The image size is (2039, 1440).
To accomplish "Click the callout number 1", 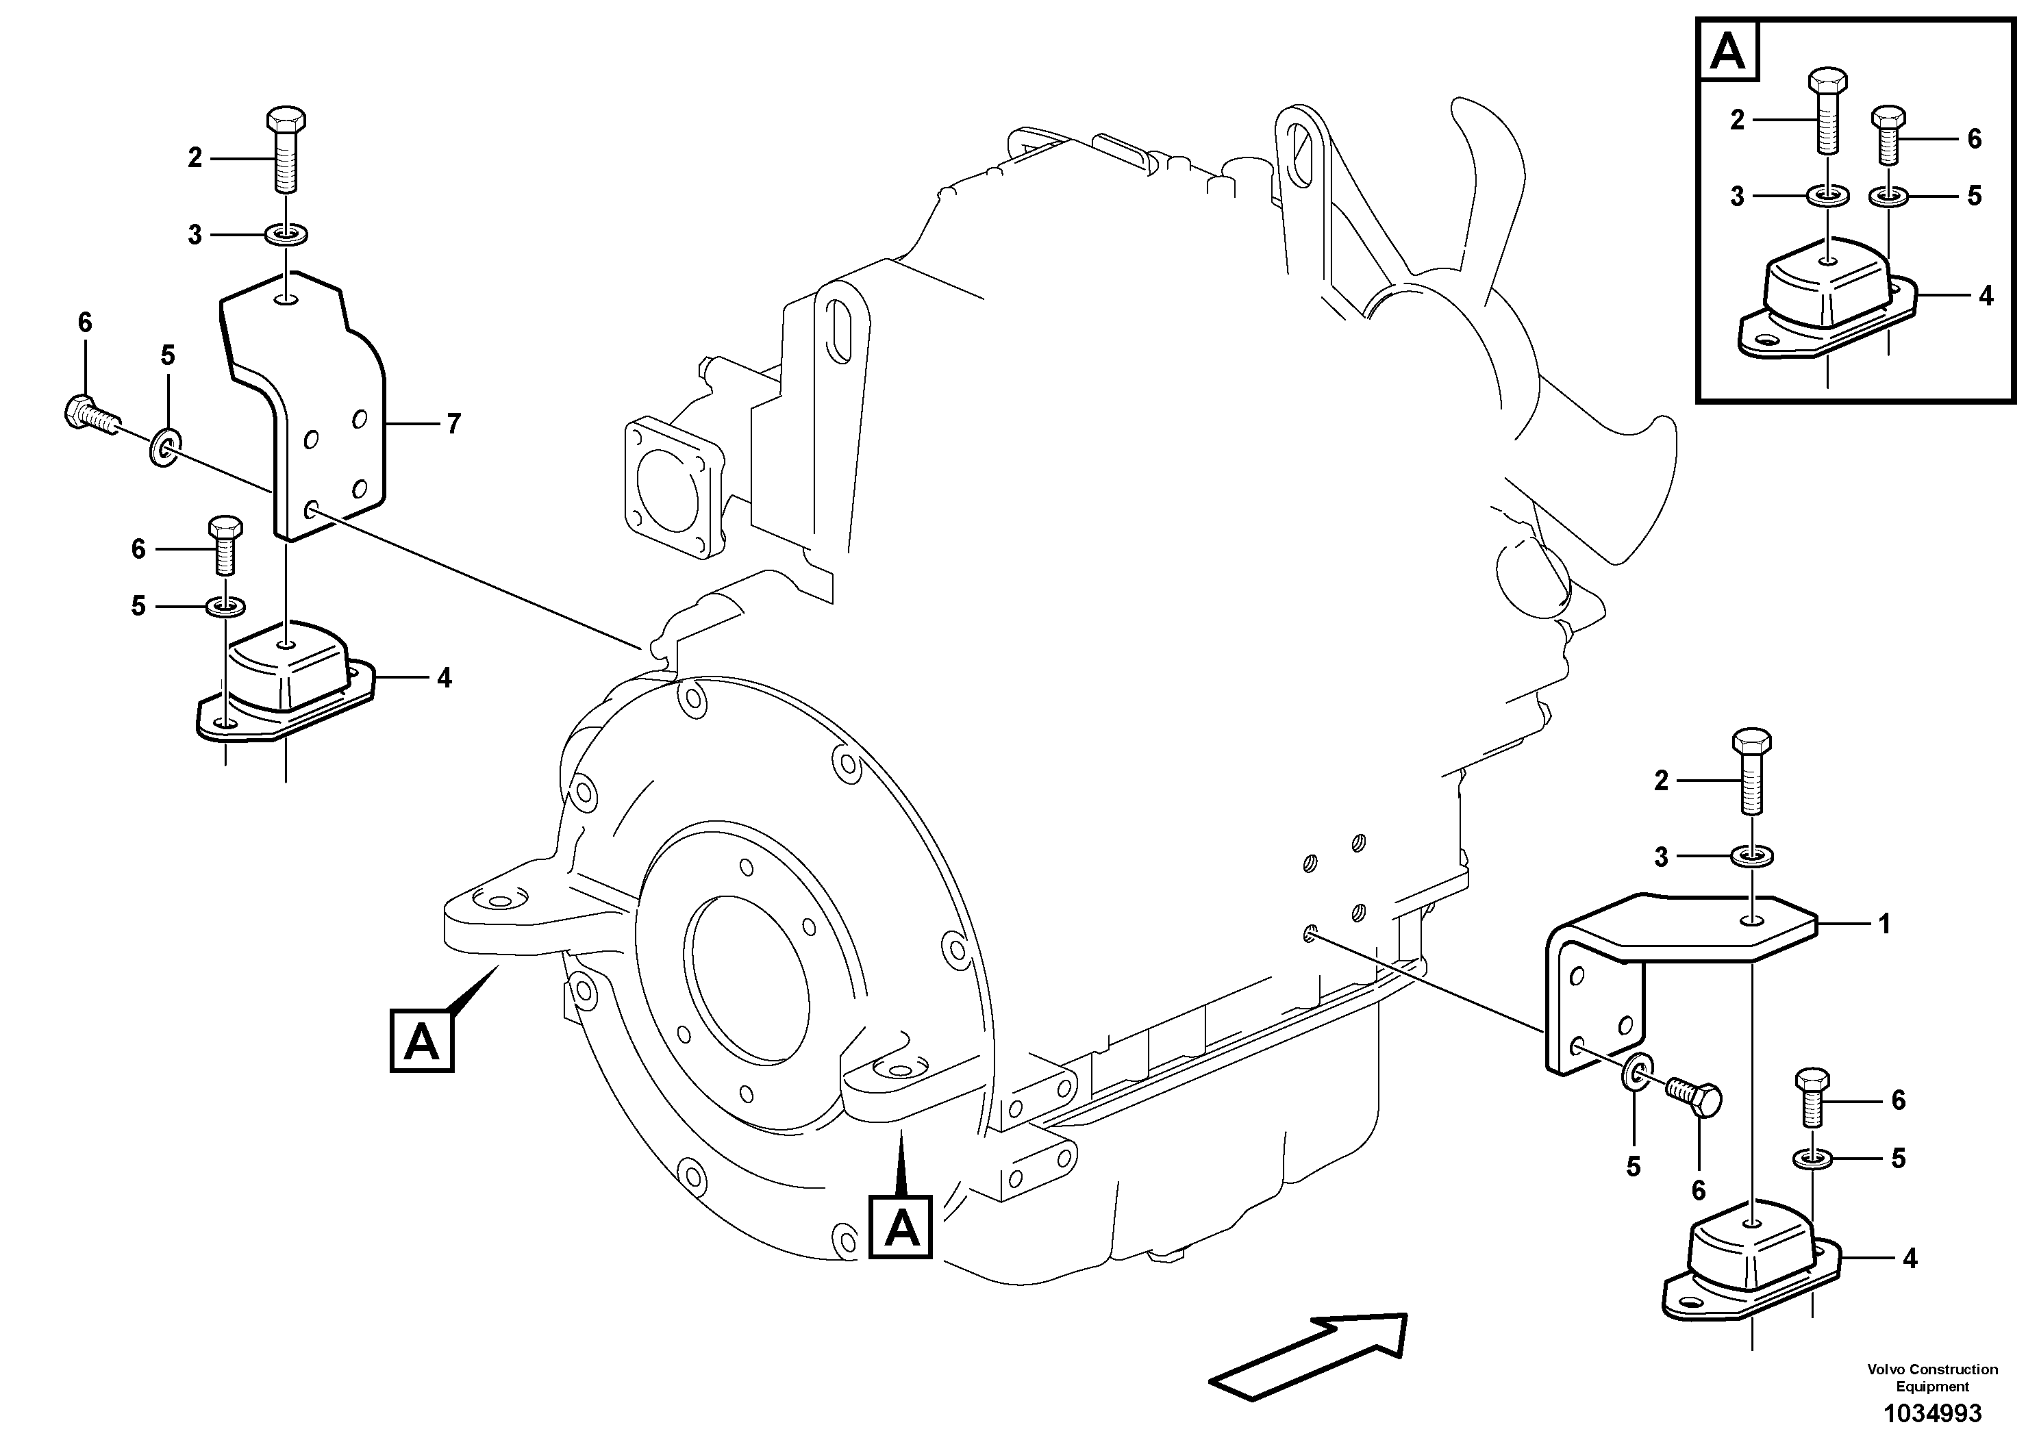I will [x=1884, y=924].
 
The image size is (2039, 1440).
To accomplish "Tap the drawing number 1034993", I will [x=1932, y=1413].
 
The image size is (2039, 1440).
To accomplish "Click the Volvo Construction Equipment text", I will [x=1932, y=1377].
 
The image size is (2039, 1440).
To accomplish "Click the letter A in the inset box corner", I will [x=1727, y=53].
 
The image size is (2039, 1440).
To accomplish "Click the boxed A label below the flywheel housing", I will [x=901, y=1228].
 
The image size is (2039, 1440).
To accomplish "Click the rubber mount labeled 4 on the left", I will [x=284, y=679].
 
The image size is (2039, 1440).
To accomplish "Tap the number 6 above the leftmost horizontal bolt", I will [x=84, y=323].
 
